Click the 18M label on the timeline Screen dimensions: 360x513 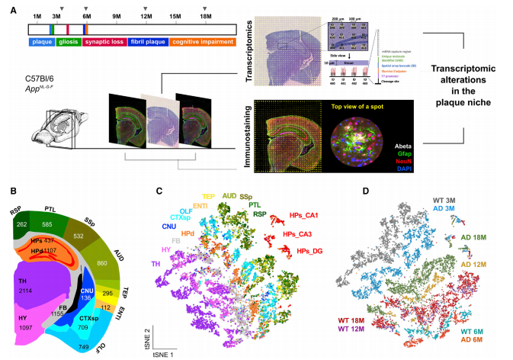pyautogui.click(x=206, y=16)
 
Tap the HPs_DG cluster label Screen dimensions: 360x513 pyautogui.click(x=309, y=251)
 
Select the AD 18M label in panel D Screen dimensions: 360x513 pyautogui.click(x=475, y=237)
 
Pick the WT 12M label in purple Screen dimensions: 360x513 pyautogui.click(x=357, y=329)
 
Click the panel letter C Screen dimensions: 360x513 pyautogui.click(x=158, y=191)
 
